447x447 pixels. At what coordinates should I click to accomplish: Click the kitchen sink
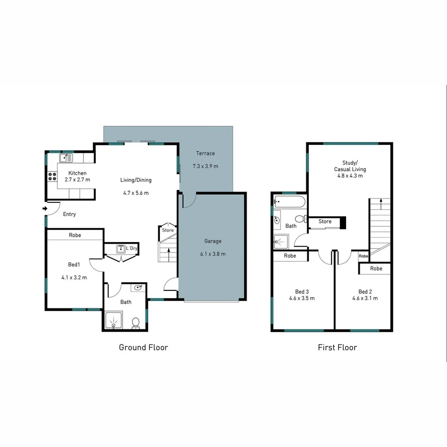point(66,158)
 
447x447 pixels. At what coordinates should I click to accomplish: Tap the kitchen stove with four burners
point(52,177)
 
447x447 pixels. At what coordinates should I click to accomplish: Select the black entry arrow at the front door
point(45,209)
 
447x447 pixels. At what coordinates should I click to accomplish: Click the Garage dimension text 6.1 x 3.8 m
point(212,254)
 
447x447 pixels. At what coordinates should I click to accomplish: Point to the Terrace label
point(205,154)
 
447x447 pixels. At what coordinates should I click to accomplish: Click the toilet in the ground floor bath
point(135,323)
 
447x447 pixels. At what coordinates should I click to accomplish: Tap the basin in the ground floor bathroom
point(138,287)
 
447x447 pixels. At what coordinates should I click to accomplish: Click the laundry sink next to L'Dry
point(121,249)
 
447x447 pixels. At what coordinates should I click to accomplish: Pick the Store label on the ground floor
point(168,230)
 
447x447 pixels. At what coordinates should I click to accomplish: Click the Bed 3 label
point(302,291)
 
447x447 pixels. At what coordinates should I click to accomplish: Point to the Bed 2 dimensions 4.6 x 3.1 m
point(365,298)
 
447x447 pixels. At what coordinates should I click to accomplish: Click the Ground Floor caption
point(143,347)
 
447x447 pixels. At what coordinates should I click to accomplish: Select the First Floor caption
point(337,347)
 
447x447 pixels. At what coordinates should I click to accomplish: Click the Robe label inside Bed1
point(75,235)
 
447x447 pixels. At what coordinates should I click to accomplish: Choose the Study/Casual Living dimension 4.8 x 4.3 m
point(350,175)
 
